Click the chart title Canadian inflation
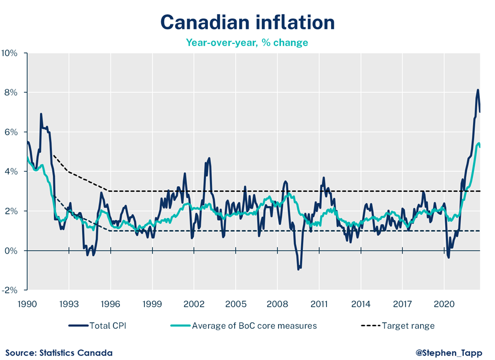(x=247, y=22)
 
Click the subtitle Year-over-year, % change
(x=247, y=42)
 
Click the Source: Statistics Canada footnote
(x=59, y=352)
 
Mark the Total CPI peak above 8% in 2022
(x=478, y=90)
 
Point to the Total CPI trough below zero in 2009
(x=298, y=269)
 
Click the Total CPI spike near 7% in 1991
(x=41, y=114)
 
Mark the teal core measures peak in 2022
(x=478, y=143)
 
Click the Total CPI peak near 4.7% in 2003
(x=209, y=158)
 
